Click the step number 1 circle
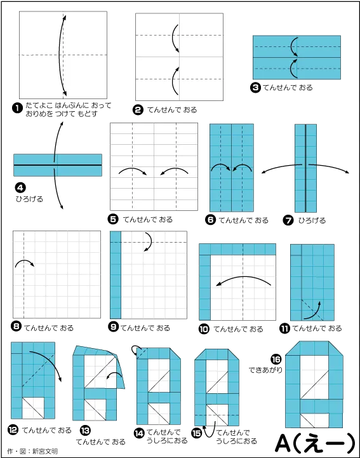[x=17, y=108]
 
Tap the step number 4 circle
[x=20, y=188]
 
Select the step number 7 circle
[x=288, y=220]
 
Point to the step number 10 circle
[x=204, y=329]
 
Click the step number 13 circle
[x=85, y=430]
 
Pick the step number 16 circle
[x=276, y=359]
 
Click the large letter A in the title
[x=283, y=443]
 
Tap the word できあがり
[x=265, y=370]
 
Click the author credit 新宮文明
[x=44, y=451]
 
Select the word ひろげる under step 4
[x=29, y=199]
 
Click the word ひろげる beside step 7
[x=312, y=220]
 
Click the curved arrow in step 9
[x=150, y=241]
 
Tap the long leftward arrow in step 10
[x=244, y=277]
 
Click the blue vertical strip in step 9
[x=116, y=275]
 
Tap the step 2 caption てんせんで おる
[x=172, y=110]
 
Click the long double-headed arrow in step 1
[x=60, y=55]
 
